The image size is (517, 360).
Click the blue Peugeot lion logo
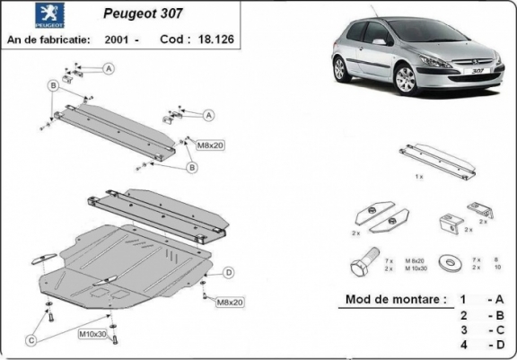[x=24, y=17]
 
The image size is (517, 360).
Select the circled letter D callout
[x=229, y=272]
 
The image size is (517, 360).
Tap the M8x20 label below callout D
[x=230, y=303]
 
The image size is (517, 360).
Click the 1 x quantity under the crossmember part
[x=419, y=177]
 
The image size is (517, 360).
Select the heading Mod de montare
[x=392, y=299]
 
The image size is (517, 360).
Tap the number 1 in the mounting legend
[x=463, y=299]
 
